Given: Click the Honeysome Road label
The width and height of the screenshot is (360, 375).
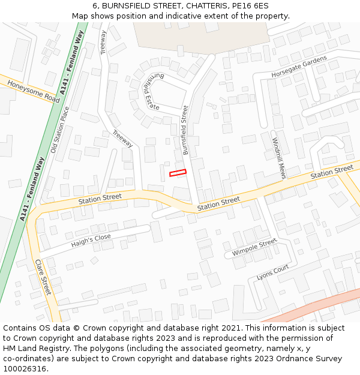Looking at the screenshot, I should (x=34, y=91).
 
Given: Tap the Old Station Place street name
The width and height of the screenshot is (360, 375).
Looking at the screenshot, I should (x=60, y=130).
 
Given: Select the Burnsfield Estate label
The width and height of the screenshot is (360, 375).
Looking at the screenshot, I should (x=151, y=90).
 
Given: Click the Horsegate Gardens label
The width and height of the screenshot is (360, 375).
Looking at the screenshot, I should (x=299, y=67).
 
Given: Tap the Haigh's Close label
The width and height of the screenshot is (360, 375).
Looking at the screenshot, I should (x=91, y=241).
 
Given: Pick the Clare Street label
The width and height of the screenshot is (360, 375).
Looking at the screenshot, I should (x=43, y=277).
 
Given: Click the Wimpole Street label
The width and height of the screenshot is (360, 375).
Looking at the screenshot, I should (x=254, y=247).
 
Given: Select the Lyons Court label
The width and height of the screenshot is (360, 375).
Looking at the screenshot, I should (x=273, y=272).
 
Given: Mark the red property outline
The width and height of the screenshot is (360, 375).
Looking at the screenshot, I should (x=178, y=173).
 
